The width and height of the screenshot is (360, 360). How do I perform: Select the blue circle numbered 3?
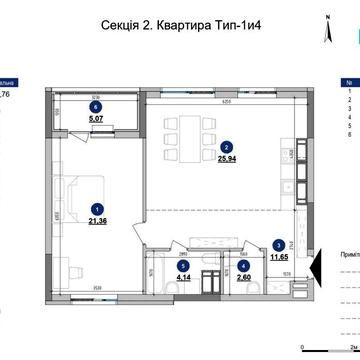pos(276,244)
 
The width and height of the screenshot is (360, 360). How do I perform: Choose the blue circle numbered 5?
pos(182,266)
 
